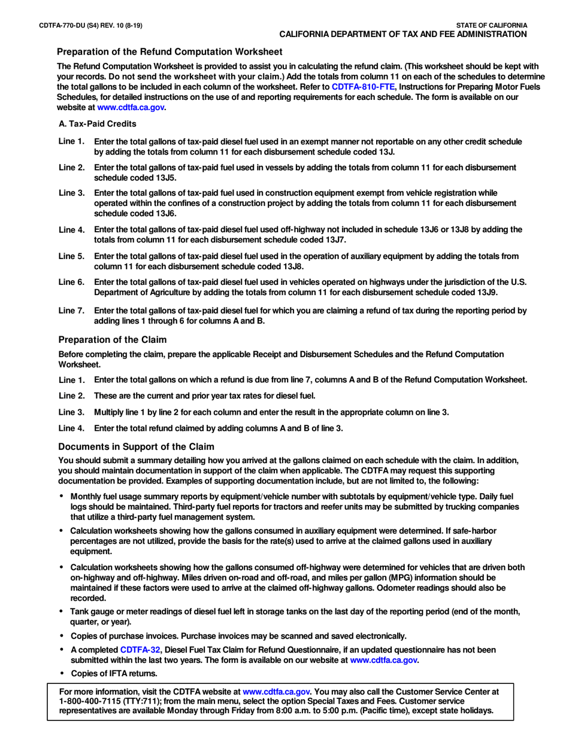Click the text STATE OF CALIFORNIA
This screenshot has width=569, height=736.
point(491,25)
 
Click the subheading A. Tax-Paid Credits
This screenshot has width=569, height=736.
point(98,124)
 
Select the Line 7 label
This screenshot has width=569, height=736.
point(71,311)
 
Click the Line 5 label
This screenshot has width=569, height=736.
point(71,256)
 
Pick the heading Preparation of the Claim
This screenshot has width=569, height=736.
point(112,339)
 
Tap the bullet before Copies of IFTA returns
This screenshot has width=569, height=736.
point(61,674)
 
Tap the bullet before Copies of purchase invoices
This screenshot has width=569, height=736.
point(61,635)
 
